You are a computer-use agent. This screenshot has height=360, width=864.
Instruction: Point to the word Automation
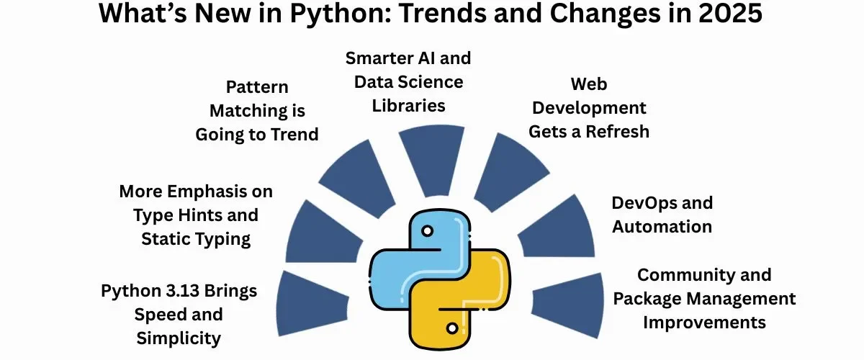pyautogui.click(x=662, y=227)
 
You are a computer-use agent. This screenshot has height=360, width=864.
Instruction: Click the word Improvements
pyautogui.click(x=704, y=323)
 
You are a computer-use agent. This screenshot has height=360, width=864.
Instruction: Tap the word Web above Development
pyautogui.click(x=589, y=84)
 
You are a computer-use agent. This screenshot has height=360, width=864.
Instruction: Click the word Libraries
pyautogui.click(x=408, y=106)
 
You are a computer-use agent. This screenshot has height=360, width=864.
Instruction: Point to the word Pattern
pyautogui.click(x=257, y=87)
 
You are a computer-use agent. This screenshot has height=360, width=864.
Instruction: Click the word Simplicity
pyautogui.click(x=179, y=339)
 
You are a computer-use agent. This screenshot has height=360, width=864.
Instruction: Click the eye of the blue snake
pyautogui.click(x=427, y=231)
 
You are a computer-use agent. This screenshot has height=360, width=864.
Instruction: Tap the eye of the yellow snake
pyautogui.click(x=452, y=328)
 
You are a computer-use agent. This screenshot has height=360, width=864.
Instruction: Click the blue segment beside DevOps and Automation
pyautogui.click(x=559, y=232)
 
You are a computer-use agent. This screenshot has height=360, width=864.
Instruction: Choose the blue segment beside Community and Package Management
pyautogui.click(x=569, y=305)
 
